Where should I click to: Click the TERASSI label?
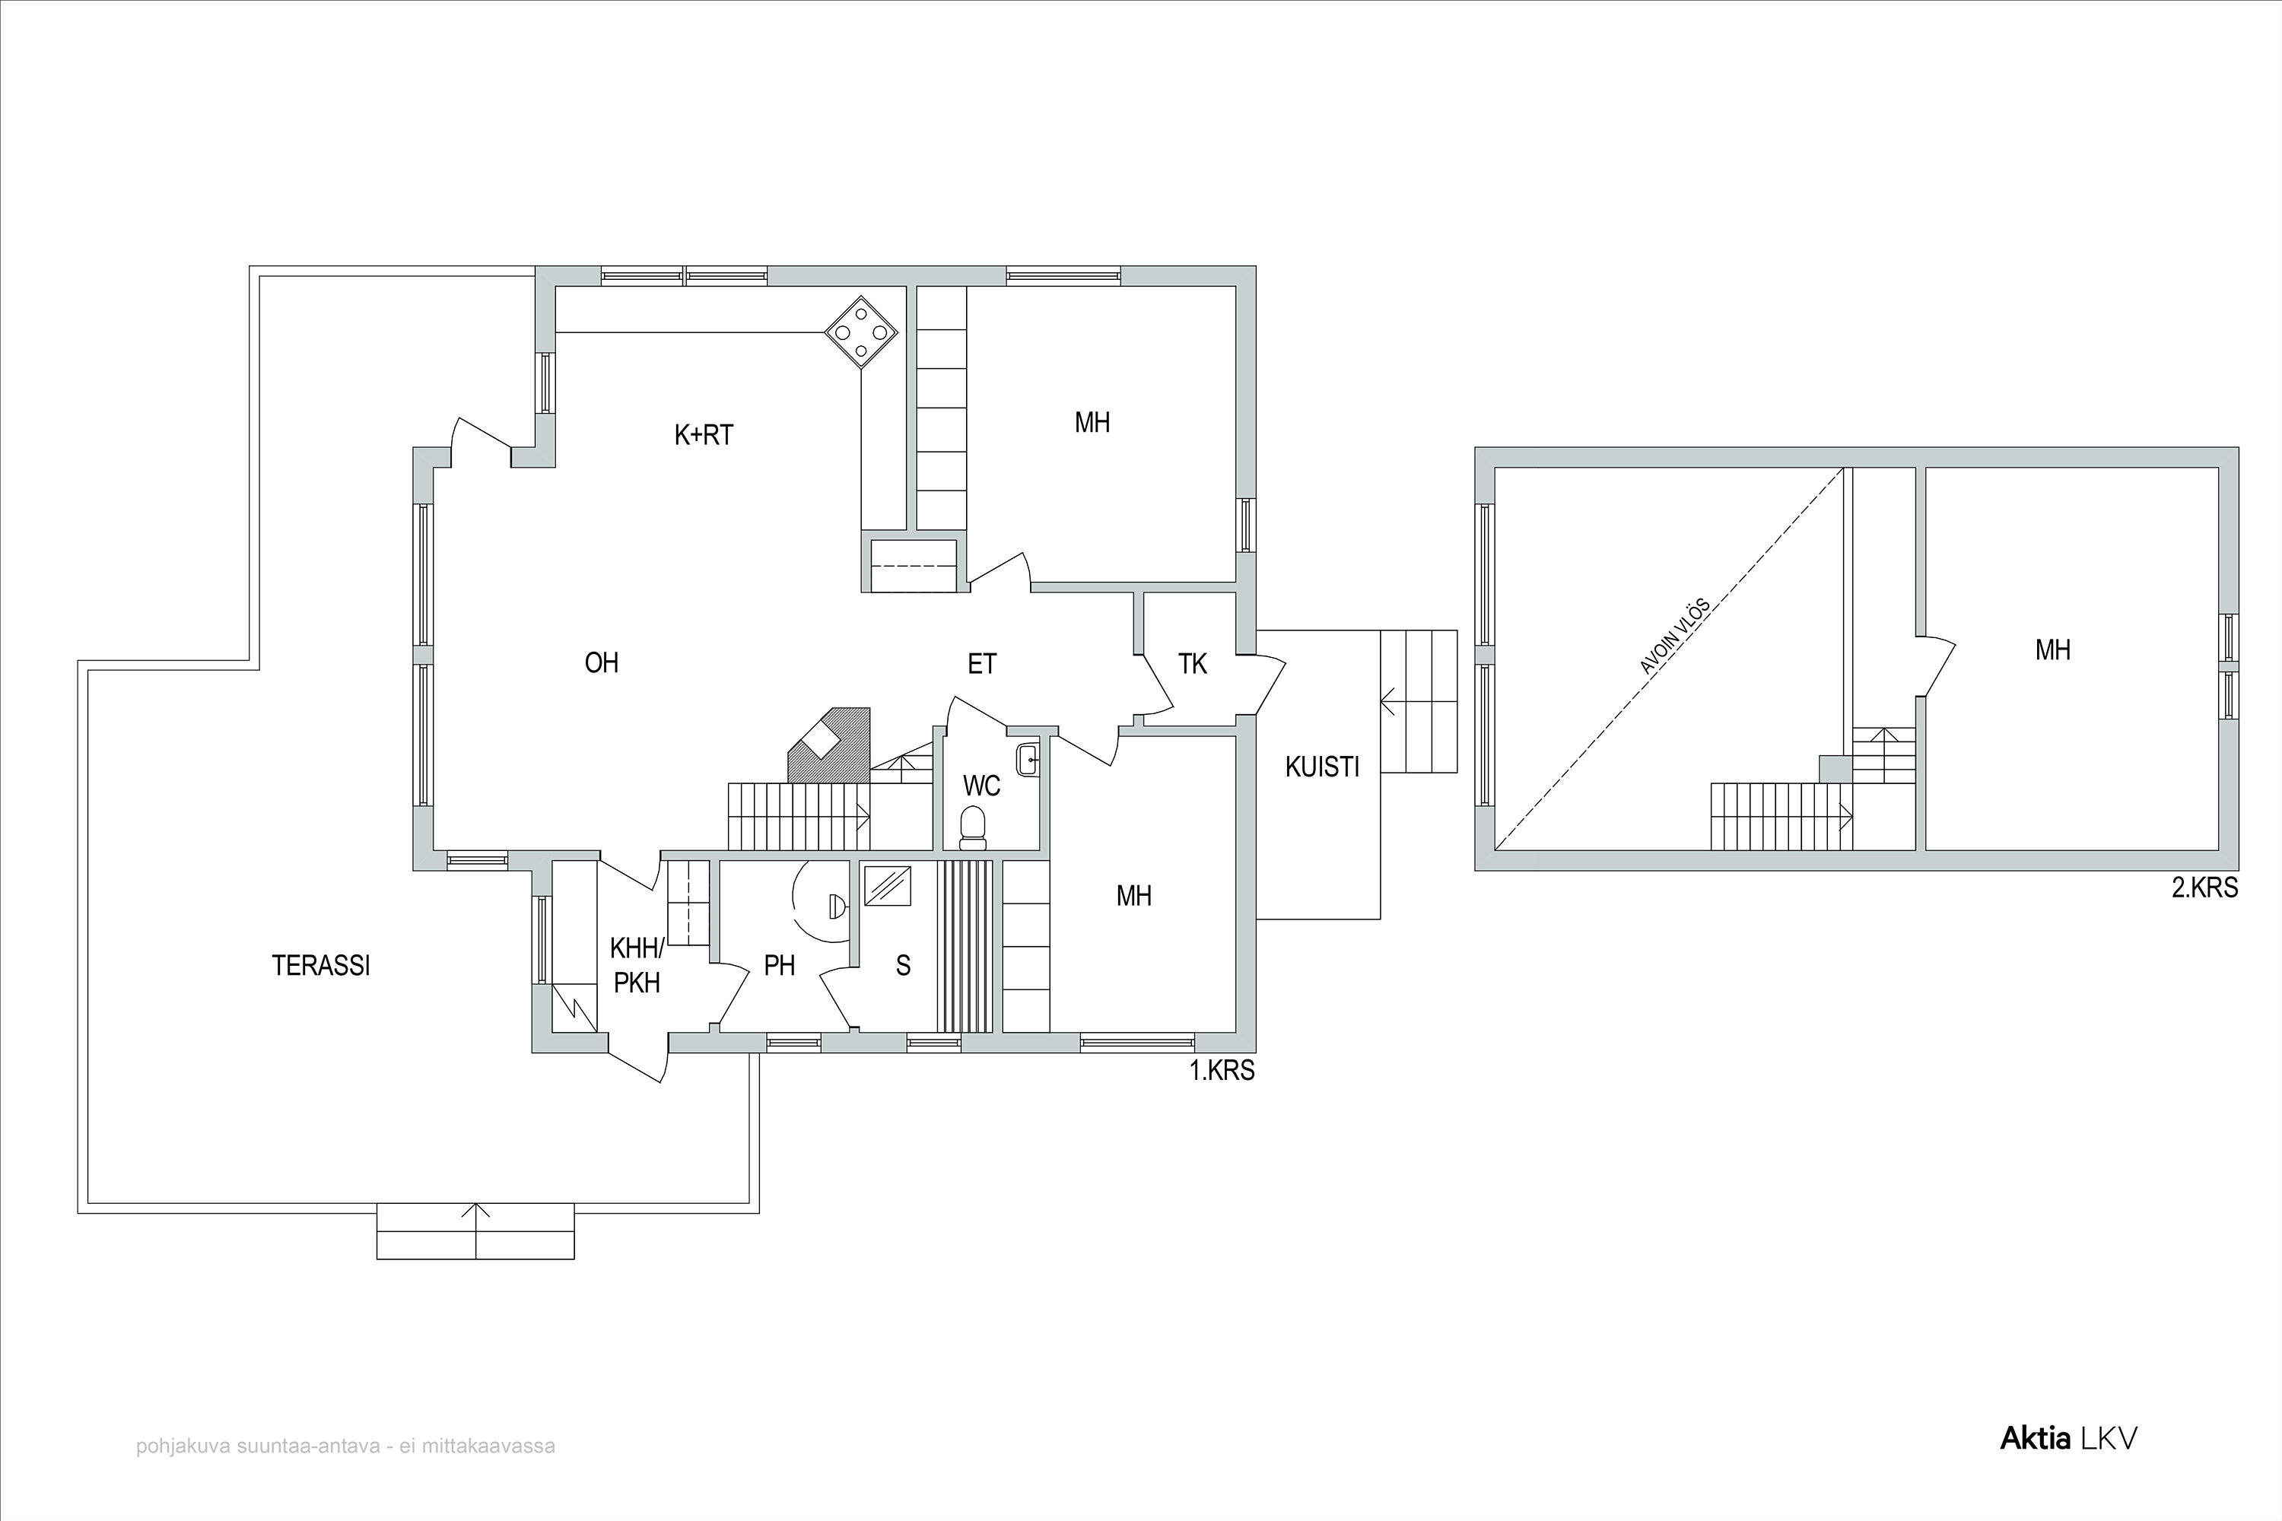pos(321,966)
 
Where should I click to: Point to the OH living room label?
pos(602,662)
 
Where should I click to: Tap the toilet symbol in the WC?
pos(972,824)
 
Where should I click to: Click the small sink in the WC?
pos(1028,758)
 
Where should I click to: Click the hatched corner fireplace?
pos(830,745)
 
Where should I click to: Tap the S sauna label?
pos(904,965)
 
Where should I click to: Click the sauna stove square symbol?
pos(887,886)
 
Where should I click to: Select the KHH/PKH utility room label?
pos(637,965)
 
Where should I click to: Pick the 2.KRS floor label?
pos(2204,888)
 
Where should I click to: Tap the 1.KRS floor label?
pos(1222,1071)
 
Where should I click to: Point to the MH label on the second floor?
pos(2052,650)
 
